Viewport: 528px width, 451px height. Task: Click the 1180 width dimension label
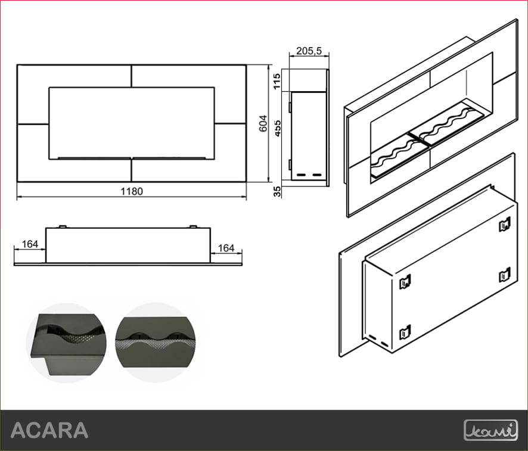pos(132,191)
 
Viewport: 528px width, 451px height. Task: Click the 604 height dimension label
pos(263,123)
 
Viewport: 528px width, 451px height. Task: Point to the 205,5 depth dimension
pos(309,51)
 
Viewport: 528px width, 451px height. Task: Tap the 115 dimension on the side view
pos(277,81)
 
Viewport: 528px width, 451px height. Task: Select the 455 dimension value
pos(277,128)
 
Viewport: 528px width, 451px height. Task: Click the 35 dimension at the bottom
pos(277,191)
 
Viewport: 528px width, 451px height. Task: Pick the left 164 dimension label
pos(30,244)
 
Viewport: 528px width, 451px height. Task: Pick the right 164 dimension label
pos(226,248)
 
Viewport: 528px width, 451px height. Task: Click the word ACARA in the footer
pos(49,430)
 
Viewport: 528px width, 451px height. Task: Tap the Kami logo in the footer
pos(490,430)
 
